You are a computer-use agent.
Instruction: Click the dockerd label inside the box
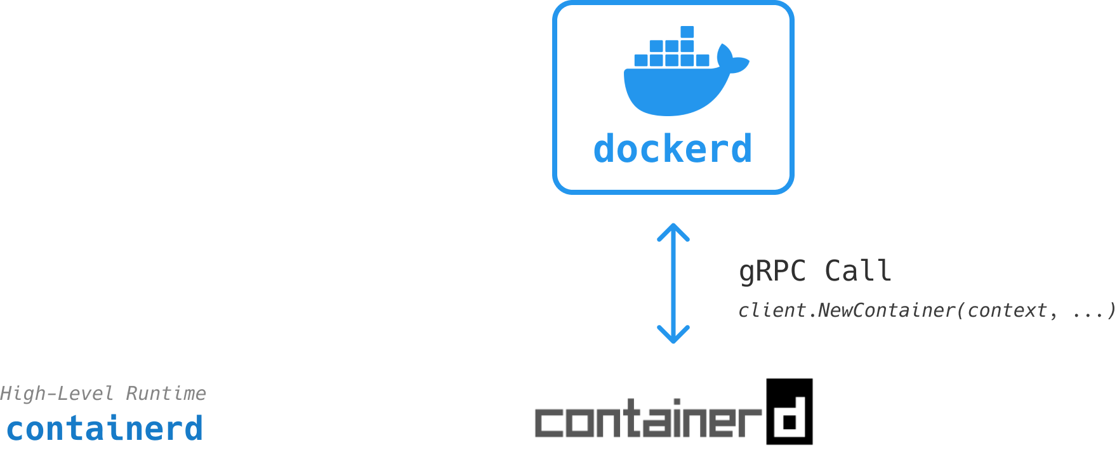click(x=673, y=149)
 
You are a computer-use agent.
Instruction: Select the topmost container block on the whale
click(x=687, y=32)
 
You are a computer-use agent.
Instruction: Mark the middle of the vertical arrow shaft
click(x=673, y=283)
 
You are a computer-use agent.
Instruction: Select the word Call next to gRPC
click(x=858, y=272)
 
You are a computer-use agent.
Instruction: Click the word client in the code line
click(x=772, y=310)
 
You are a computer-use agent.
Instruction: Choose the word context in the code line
click(x=1007, y=310)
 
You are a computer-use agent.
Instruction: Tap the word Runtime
click(x=166, y=394)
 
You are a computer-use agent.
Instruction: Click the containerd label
click(x=105, y=428)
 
